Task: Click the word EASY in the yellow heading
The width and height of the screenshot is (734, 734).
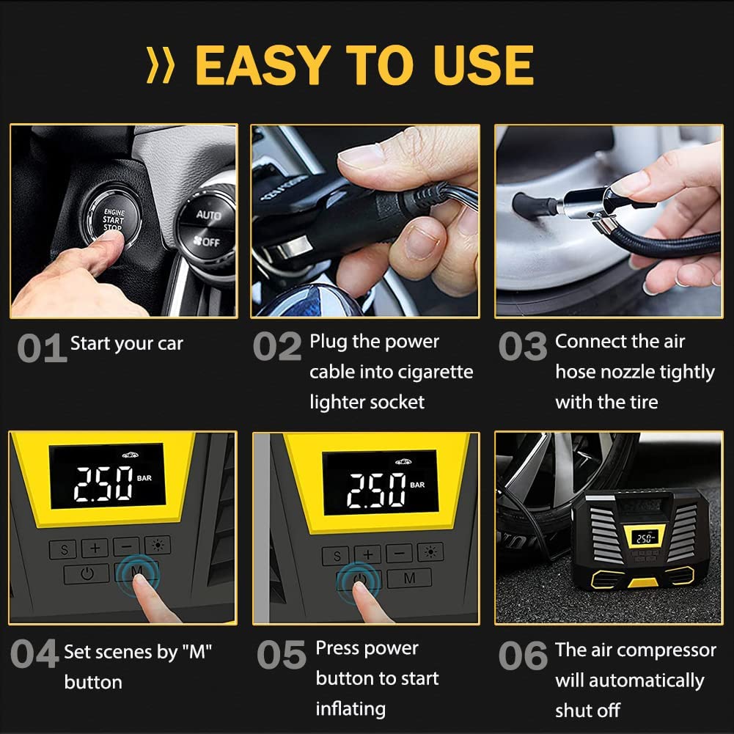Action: pyautogui.click(x=263, y=65)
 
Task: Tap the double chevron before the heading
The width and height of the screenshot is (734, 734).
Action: pyautogui.click(x=161, y=65)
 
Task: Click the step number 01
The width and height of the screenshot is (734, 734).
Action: pyautogui.click(x=42, y=348)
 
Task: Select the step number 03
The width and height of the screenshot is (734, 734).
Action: pyautogui.click(x=523, y=346)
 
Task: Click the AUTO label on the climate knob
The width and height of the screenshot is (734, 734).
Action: pyautogui.click(x=208, y=214)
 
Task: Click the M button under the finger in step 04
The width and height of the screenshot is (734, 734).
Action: pyautogui.click(x=136, y=571)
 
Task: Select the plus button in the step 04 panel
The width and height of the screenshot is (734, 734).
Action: pyautogui.click(x=95, y=548)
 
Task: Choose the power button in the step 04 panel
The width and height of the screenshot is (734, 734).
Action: pyautogui.click(x=87, y=573)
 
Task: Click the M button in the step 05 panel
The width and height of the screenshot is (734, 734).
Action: pyautogui.click(x=409, y=578)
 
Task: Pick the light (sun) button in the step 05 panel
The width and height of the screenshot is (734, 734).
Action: pyautogui.click(x=430, y=552)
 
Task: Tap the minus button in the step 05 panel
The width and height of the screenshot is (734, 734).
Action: pyautogui.click(x=400, y=554)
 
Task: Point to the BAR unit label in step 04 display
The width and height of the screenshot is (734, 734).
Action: pyautogui.click(x=144, y=478)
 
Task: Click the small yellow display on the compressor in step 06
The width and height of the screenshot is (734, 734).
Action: pyautogui.click(x=645, y=538)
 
